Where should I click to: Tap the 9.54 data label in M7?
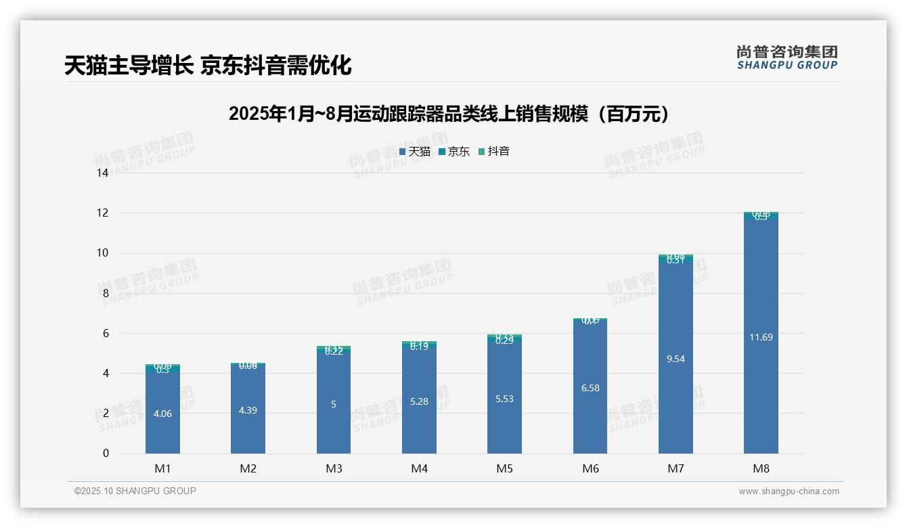[676, 359]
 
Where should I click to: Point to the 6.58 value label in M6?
[590, 388]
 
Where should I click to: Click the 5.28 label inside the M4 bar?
[419, 401]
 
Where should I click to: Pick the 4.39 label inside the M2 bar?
[248, 410]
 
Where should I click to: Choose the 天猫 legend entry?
[415, 152]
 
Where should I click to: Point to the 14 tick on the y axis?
[103, 173]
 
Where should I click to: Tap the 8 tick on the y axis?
[106, 293]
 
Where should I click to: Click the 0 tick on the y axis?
[106, 454]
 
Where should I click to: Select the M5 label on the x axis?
[504, 468]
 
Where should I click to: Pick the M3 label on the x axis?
[334, 468]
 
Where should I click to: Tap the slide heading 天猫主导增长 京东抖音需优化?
[208, 66]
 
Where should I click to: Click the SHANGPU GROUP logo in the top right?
[787, 58]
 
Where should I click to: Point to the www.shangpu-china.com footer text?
[789, 491]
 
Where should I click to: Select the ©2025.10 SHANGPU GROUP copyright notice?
[135, 491]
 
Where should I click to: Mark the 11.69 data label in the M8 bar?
[761, 337]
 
